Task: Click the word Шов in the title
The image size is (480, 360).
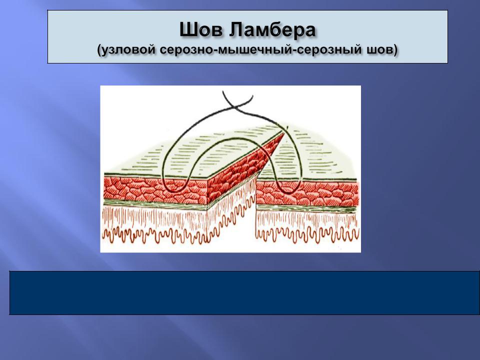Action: coord(201,30)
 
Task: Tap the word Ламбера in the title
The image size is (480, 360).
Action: coord(272,30)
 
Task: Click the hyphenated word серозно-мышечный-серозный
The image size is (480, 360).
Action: coord(260,49)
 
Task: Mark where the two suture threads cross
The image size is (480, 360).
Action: coord(235,107)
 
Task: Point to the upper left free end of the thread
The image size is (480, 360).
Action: coord(223,91)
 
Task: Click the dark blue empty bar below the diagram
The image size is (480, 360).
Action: coord(244,292)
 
